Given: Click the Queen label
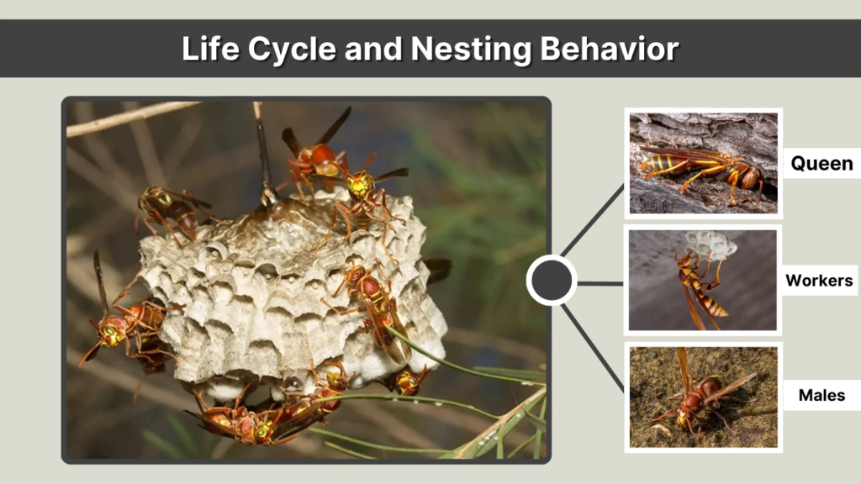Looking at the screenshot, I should coord(821,164).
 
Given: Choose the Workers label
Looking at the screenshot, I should coord(819,281).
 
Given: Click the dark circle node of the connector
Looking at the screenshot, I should coord(552,280).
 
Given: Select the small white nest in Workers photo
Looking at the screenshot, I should coord(709,244).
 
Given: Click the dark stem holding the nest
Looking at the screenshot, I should coord(264,155).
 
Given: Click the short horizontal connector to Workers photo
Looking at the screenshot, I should coord(600,283).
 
